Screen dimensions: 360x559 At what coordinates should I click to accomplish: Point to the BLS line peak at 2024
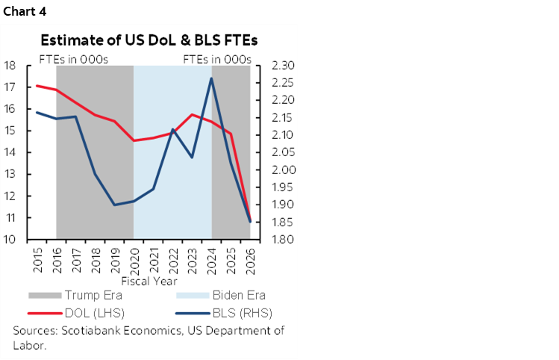click(212, 78)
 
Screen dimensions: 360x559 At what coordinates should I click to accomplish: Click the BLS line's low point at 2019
click(115, 205)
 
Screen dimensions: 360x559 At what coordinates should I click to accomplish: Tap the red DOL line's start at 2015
click(37, 86)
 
